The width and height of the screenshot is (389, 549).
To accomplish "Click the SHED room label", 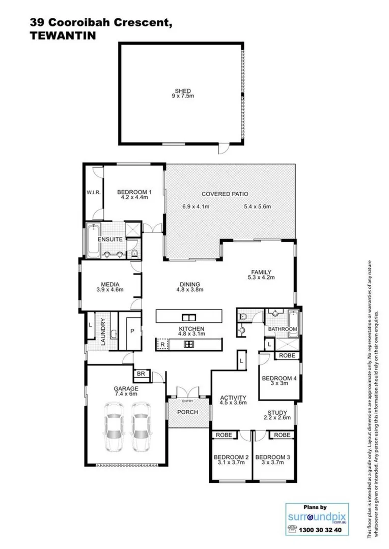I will point(182,91).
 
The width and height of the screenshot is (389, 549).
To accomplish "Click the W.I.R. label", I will point(93,193).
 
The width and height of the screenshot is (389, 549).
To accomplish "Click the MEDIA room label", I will point(110,284).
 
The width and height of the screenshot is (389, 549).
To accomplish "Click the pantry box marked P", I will point(131,331).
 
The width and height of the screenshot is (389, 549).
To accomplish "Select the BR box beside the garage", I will point(141,375).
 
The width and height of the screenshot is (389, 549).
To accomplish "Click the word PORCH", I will point(188,412).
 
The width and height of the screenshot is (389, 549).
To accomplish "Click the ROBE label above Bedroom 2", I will point(224,435).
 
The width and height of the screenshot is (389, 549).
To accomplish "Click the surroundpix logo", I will point(317,517).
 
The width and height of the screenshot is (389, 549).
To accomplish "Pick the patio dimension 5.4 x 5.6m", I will point(257,206).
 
